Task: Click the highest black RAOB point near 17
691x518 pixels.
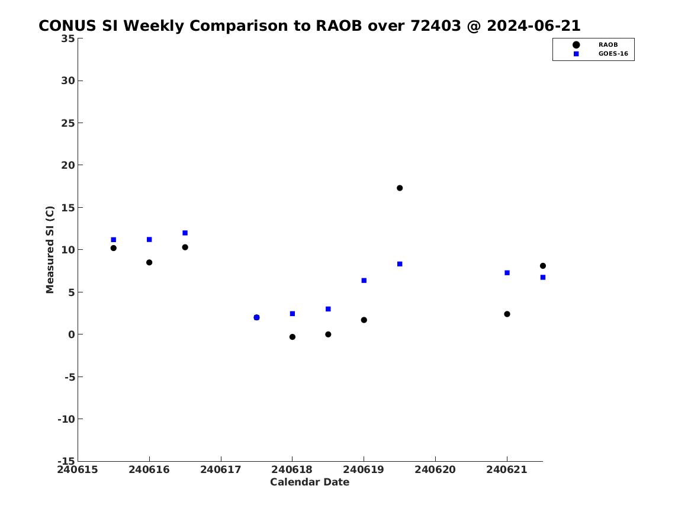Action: pyautogui.click(x=400, y=188)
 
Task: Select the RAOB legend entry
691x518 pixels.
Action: pyautogui.click(x=595, y=44)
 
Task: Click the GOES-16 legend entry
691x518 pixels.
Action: pyautogui.click(x=600, y=54)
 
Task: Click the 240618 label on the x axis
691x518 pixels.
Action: pyautogui.click(x=292, y=469)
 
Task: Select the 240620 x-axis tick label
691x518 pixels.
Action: pyautogui.click(x=435, y=469)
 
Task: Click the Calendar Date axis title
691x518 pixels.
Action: pyautogui.click(x=310, y=482)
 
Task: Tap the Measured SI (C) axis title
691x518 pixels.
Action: pyautogui.click(x=50, y=249)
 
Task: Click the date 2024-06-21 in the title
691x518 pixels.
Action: pyautogui.click(x=533, y=26)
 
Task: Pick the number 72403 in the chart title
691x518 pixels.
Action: pyautogui.click(x=435, y=26)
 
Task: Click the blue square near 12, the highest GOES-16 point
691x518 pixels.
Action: pyautogui.click(x=185, y=233)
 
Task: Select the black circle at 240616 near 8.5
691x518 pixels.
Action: pyautogui.click(x=149, y=262)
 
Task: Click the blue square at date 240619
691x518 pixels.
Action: pyautogui.click(x=364, y=281)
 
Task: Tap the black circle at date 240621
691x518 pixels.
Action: pyautogui.click(x=507, y=314)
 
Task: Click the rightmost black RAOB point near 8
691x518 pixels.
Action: pyautogui.click(x=543, y=266)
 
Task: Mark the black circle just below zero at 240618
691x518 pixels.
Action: pyautogui.click(x=293, y=337)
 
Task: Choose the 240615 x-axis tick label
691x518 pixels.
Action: pyautogui.click(x=78, y=469)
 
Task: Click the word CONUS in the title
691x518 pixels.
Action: pyautogui.click(x=68, y=26)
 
